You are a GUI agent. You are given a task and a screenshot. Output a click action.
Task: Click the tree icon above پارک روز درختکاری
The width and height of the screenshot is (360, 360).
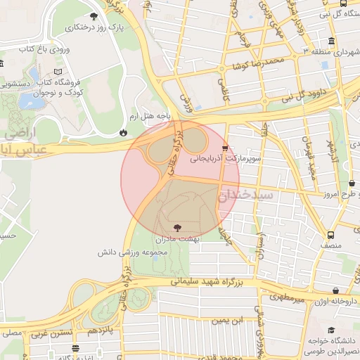coord(94,16)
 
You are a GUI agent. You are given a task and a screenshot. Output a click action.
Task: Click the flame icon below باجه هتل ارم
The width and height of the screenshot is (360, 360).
coord(124,131)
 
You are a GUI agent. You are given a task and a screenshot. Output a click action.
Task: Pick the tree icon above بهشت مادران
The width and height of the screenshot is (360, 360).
coord(176,227)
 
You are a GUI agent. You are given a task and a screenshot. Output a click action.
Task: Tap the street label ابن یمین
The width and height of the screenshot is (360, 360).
coord(212,320)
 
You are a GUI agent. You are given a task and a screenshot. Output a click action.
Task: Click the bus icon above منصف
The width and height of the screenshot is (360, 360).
coord(330,236)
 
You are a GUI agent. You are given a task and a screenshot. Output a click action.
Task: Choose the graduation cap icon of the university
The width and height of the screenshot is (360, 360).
coord(331,330)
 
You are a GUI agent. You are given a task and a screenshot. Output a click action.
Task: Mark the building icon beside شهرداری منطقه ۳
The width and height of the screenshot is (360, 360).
coord(332,40)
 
